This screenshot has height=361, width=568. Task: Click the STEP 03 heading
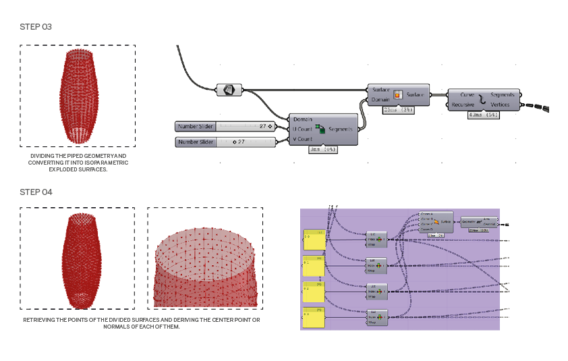click(x=36, y=26)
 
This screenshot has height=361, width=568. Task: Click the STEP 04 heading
click(x=36, y=192)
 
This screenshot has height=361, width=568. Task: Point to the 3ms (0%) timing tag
click(x=322, y=150)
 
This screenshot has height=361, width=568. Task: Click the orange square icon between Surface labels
click(x=398, y=94)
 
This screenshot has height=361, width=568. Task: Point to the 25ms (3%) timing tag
click(x=398, y=109)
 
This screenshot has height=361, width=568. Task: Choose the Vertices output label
click(x=505, y=105)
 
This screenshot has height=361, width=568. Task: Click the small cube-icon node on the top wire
click(x=228, y=89)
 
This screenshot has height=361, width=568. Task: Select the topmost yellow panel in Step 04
click(x=314, y=240)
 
